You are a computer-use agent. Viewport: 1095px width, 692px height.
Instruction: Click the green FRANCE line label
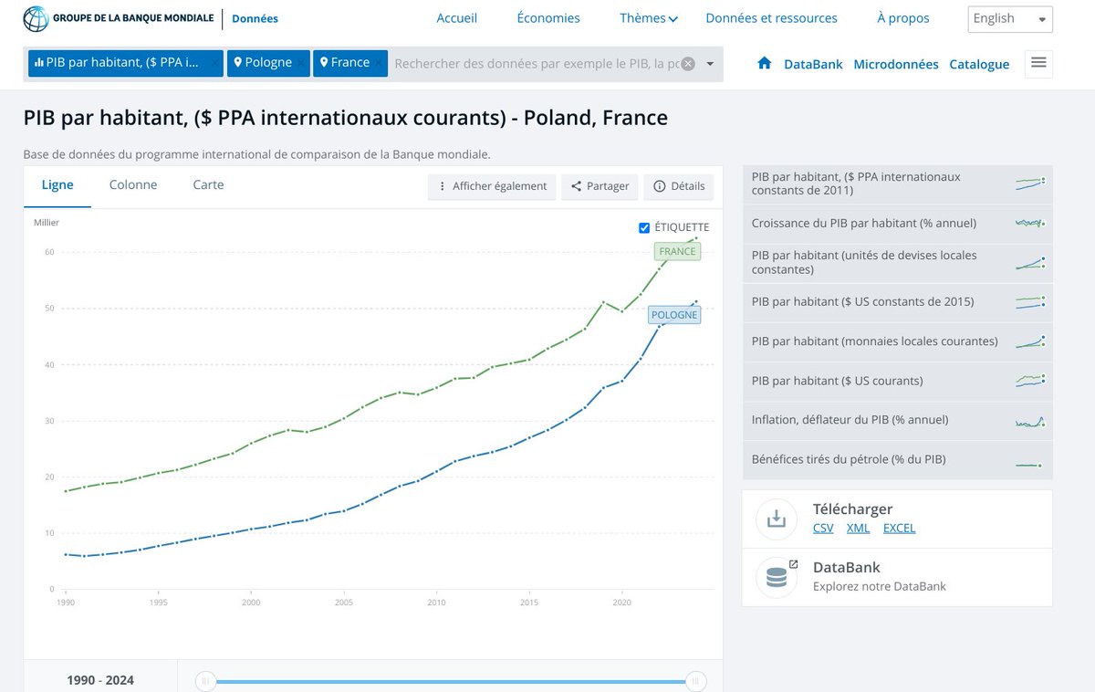[677, 252]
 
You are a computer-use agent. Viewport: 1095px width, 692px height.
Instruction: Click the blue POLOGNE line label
[674, 315]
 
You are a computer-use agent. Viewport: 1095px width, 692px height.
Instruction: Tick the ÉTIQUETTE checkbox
[644, 227]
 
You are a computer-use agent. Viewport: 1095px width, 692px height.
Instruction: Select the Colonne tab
[133, 184]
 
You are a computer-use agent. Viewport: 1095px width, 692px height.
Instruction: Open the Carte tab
[208, 184]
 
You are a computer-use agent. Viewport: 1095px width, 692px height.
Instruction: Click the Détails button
[679, 186]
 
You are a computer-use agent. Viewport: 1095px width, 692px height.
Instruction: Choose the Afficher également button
[492, 186]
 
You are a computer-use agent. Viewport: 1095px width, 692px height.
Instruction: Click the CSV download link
[823, 528]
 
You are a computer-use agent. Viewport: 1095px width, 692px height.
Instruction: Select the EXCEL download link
[899, 528]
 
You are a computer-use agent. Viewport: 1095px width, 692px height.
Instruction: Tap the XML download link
[858, 528]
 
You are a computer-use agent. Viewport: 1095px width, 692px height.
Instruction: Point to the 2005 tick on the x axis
[344, 603]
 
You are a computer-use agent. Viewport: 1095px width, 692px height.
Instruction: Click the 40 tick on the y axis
[50, 365]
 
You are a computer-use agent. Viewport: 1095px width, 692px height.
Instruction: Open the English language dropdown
[1009, 19]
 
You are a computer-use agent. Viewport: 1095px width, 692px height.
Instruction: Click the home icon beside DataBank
[765, 64]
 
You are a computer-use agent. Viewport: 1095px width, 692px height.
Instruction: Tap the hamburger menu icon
[1038, 63]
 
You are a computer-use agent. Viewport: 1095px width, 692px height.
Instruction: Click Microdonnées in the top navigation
[895, 64]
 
